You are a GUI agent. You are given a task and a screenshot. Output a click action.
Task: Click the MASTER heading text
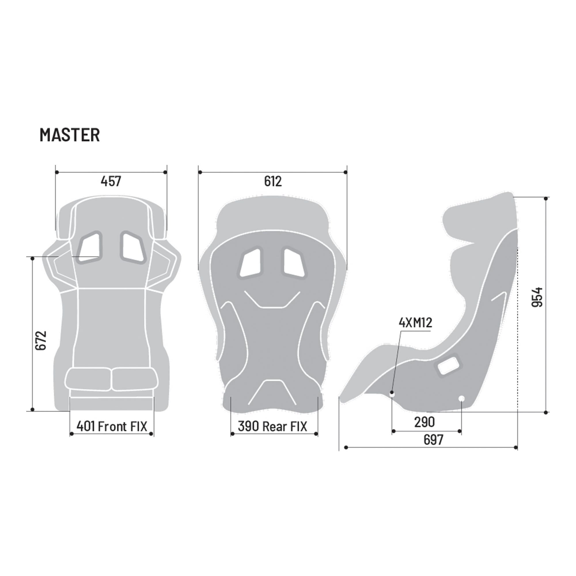click(x=69, y=135)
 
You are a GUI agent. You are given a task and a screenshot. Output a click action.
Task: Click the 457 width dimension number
click(x=111, y=181)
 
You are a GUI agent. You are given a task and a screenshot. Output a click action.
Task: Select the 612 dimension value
click(x=273, y=181)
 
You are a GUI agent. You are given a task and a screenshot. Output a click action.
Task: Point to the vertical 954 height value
click(x=537, y=297)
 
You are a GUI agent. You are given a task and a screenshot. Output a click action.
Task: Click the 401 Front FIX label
click(x=112, y=426)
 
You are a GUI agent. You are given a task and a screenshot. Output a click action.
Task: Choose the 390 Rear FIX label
click(x=272, y=426)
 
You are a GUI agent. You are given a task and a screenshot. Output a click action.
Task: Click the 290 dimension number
click(x=424, y=422)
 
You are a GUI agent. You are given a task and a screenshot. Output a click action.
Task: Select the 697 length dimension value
click(x=433, y=440)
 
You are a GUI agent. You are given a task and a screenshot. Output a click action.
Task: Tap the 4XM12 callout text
click(x=415, y=323)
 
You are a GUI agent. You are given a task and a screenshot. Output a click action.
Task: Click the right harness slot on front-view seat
click(x=133, y=247)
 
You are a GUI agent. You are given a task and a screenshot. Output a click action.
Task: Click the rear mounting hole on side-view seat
click(x=461, y=398)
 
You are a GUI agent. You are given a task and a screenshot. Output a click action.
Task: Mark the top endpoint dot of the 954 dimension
click(x=545, y=198)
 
